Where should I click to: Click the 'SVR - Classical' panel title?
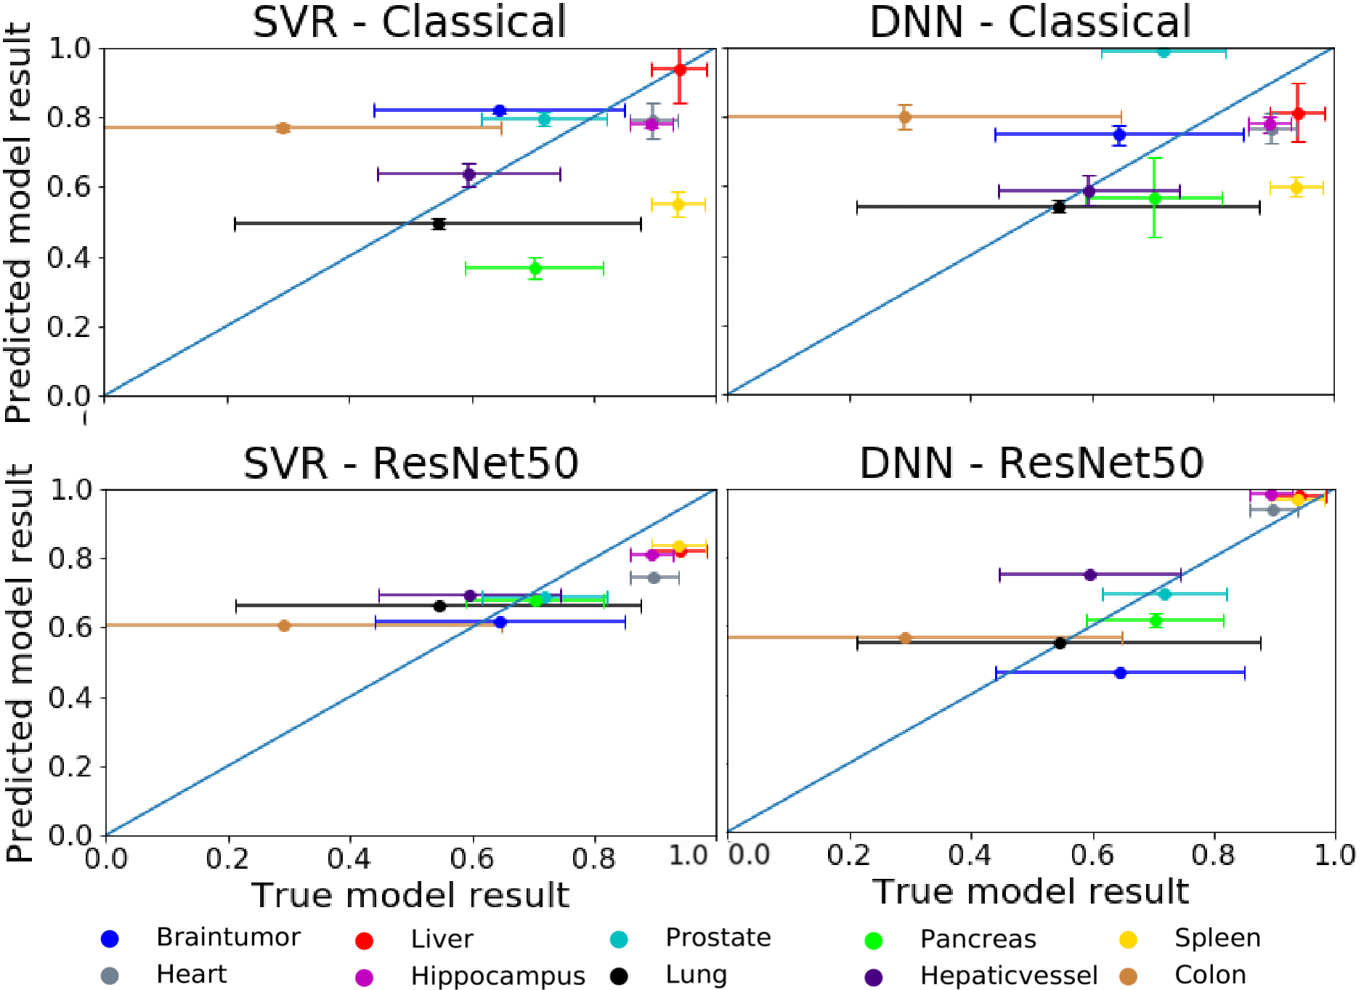point(409,22)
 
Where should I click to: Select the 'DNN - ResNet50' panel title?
point(1031,463)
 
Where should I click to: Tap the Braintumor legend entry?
point(228,938)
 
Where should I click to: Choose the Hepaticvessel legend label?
point(1008,975)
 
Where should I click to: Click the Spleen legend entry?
point(1217,938)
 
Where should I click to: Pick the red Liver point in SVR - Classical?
point(680,70)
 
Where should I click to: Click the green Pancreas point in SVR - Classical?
point(535,268)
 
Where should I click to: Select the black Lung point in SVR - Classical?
point(439,224)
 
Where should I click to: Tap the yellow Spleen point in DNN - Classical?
point(1296,187)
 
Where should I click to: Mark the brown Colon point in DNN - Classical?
point(905,116)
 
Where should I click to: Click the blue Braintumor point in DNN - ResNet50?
point(1120,673)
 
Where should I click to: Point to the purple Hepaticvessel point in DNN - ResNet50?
point(1089,575)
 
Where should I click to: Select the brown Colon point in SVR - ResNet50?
point(284,625)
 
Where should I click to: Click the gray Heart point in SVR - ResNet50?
point(654,577)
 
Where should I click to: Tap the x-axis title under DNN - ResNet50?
point(1031,891)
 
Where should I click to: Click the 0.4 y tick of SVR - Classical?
point(70,258)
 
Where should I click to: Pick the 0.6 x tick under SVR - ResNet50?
point(472,858)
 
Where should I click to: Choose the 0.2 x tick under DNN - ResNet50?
point(848,855)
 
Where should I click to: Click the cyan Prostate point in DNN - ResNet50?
point(1165,594)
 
